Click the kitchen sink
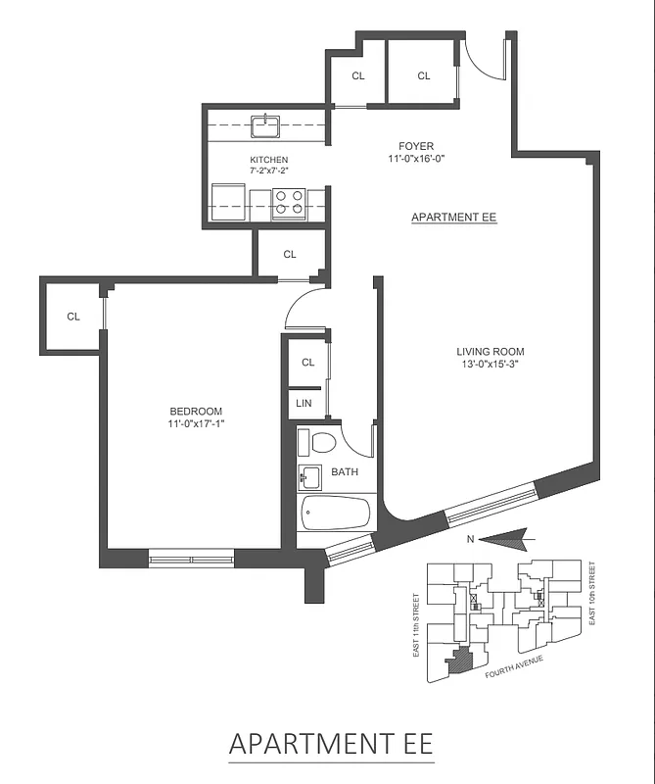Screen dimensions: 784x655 265,125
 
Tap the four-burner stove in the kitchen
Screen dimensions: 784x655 288,201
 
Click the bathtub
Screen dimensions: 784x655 335,513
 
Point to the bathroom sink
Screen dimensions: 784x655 310,478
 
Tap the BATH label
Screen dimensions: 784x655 345,472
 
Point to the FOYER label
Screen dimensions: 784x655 416,147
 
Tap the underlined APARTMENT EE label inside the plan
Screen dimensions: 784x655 454,218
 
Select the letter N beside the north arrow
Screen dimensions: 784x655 471,538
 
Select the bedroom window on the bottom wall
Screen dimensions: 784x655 191,560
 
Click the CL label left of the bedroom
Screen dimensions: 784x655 73,317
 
